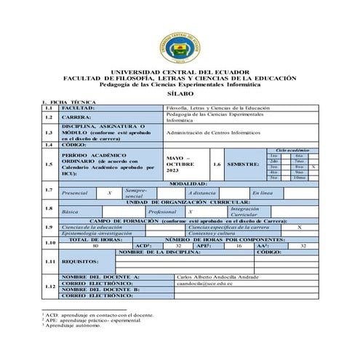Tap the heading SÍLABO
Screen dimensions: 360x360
180,95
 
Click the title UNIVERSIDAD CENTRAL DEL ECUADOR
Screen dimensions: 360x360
180,72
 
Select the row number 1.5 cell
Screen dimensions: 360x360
49,165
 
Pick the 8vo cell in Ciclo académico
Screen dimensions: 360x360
299,167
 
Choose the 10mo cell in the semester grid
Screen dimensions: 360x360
299,177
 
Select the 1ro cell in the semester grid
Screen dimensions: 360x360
273,156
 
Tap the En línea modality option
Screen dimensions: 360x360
262,193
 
